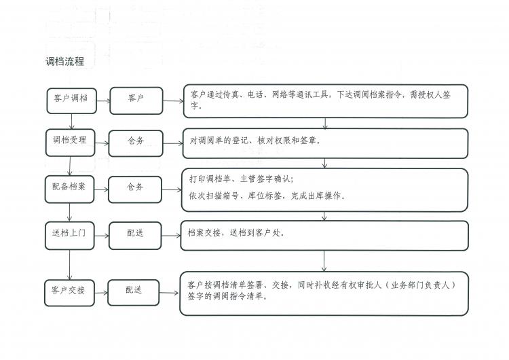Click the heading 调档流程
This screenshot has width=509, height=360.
[64, 62]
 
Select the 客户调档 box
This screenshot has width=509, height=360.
[71, 99]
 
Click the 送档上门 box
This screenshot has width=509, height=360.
[69, 233]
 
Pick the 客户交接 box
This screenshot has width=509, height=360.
[69, 290]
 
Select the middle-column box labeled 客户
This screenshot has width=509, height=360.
[136, 99]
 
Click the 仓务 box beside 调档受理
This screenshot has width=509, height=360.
[136, 141]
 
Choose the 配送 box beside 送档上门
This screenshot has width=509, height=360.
[135, 233]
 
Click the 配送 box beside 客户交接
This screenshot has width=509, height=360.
[134, 290]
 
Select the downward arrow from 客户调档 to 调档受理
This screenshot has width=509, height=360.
[72, 121]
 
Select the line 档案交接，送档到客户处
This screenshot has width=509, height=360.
[236, 233]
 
